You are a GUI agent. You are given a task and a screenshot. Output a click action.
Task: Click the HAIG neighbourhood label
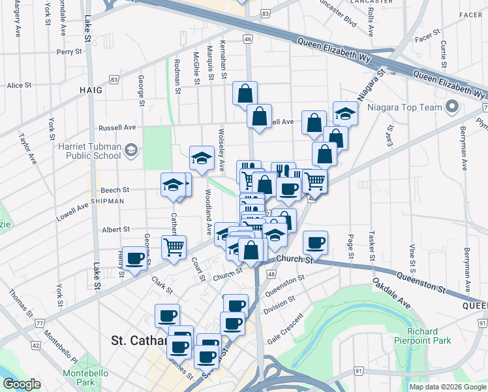click(x=91, y=90)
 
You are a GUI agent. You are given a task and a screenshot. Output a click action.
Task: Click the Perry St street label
click(x=69, y=52)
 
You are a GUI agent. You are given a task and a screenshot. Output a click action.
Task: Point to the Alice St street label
click(x=19, y=86)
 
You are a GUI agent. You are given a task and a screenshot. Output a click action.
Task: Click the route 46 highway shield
click(x=247, y=40)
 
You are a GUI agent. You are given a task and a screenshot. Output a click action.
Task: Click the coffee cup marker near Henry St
click(x=135, y=259)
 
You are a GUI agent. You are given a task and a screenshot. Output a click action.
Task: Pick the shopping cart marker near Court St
click(x=174, y=248)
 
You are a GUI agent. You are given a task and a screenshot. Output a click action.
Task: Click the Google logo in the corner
click(x=22, y=384)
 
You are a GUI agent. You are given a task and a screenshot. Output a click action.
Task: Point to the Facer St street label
click(x=424, y=37)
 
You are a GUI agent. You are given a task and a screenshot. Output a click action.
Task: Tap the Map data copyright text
click(x=447, y=387)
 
